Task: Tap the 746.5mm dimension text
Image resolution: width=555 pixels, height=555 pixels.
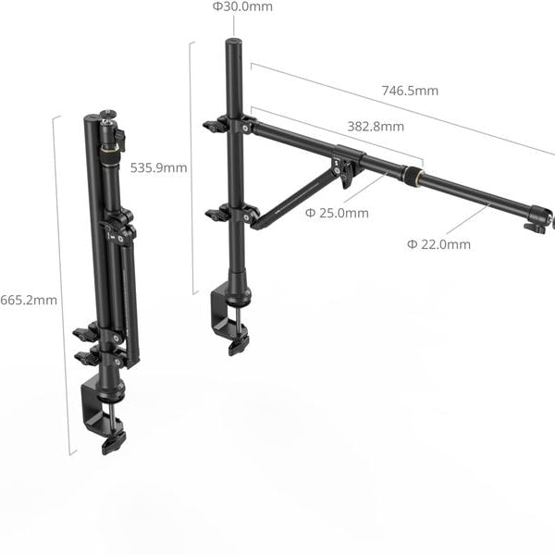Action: click(x=410, y=91)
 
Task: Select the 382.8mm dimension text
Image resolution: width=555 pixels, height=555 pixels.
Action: click(x=376, y=127)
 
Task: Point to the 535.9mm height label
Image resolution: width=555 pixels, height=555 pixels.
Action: click(x=158, y=168)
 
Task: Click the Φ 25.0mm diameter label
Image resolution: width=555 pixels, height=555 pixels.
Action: click(x=337, y=213)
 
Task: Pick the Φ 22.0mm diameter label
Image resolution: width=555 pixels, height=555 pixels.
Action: click(x=438, y=244)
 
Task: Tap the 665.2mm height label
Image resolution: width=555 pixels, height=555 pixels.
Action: click(x=28, y=300)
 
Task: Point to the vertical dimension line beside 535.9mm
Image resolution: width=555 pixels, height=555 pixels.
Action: click(x=192, y=166)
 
